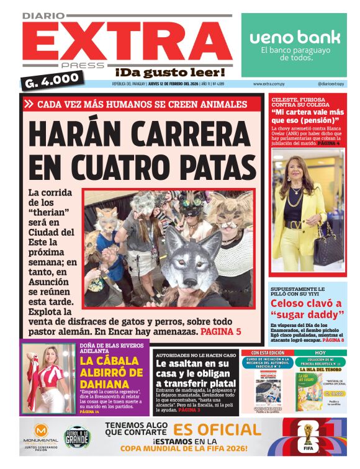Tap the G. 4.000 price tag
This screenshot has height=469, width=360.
tap(53, 79)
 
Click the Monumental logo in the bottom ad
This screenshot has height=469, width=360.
tap(42, 436)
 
